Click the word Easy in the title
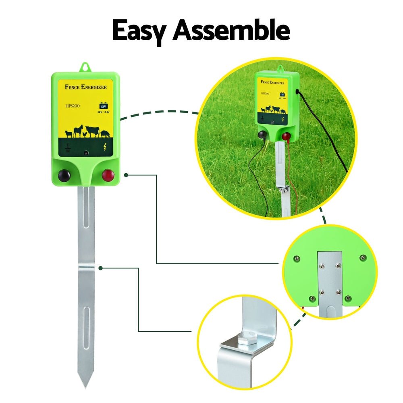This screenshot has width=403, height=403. click(139, 31)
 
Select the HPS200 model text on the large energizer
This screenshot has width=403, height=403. click(74, 106)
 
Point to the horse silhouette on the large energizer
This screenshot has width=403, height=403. click(78, 131)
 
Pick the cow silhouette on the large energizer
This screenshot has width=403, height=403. click(92, 131)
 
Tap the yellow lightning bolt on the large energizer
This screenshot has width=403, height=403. click(105, 148)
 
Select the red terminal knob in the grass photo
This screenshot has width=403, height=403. click(286, 137)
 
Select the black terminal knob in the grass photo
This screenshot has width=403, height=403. click(262, 135)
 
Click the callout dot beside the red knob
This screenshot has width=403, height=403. click(126, 175)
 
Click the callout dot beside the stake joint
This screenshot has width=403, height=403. click(101, 268)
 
